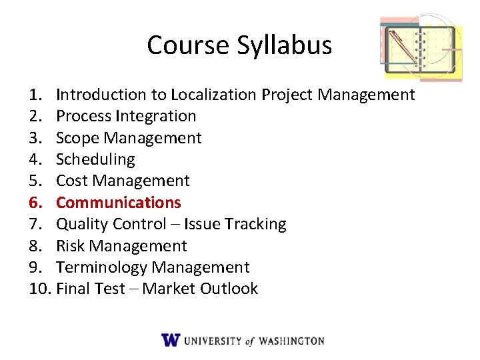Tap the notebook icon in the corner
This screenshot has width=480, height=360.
[421, 49]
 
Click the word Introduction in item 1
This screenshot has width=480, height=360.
[101, 95]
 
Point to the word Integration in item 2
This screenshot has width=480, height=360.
[155, 116]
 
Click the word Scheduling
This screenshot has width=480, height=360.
[95, 159]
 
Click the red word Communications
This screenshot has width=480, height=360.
[119, 202]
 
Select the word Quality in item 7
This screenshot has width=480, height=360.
[83, 224]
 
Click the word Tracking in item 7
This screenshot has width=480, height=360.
[256, 224]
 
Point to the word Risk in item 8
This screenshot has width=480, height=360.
[71, 245]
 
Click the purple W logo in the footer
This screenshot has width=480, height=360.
[171, 339]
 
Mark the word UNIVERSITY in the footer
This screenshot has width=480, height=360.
[213, 341]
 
